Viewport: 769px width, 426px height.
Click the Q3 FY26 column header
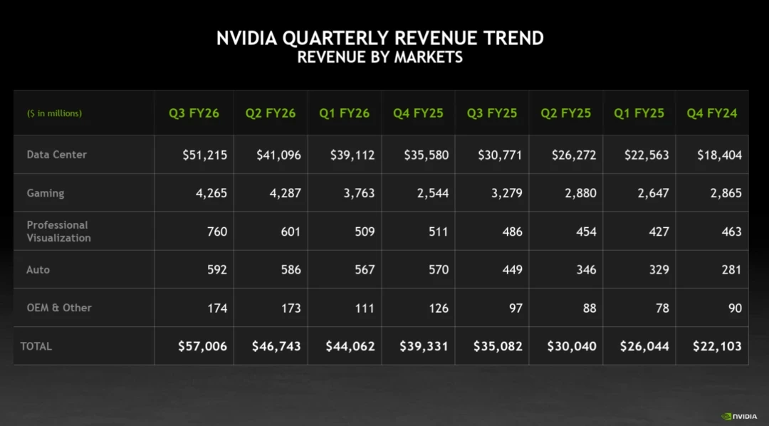point(194,113)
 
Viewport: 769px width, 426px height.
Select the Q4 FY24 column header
point(711,113)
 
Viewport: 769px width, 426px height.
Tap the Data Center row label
point(57,155)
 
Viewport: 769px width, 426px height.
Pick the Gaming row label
point(46,193)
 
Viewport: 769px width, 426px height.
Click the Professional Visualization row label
point(58,232)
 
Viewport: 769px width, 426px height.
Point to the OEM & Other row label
point(59,308)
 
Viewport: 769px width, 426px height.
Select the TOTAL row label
point(36,346)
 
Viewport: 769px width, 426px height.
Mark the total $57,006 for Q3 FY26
point(203,346)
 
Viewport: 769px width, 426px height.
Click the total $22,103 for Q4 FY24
point(717,346)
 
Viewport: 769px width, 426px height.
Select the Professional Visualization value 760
point(215,232)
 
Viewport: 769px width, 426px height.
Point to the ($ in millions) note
point(54,113)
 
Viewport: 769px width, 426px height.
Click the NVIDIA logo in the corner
point(739,416)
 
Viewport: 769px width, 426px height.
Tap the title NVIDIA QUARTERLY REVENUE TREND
point(380,38)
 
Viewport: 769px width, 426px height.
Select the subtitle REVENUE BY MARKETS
point(380,57)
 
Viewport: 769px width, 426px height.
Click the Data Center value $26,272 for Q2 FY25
point(574,155)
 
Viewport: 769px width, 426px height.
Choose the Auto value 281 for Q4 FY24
point(730,270)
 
